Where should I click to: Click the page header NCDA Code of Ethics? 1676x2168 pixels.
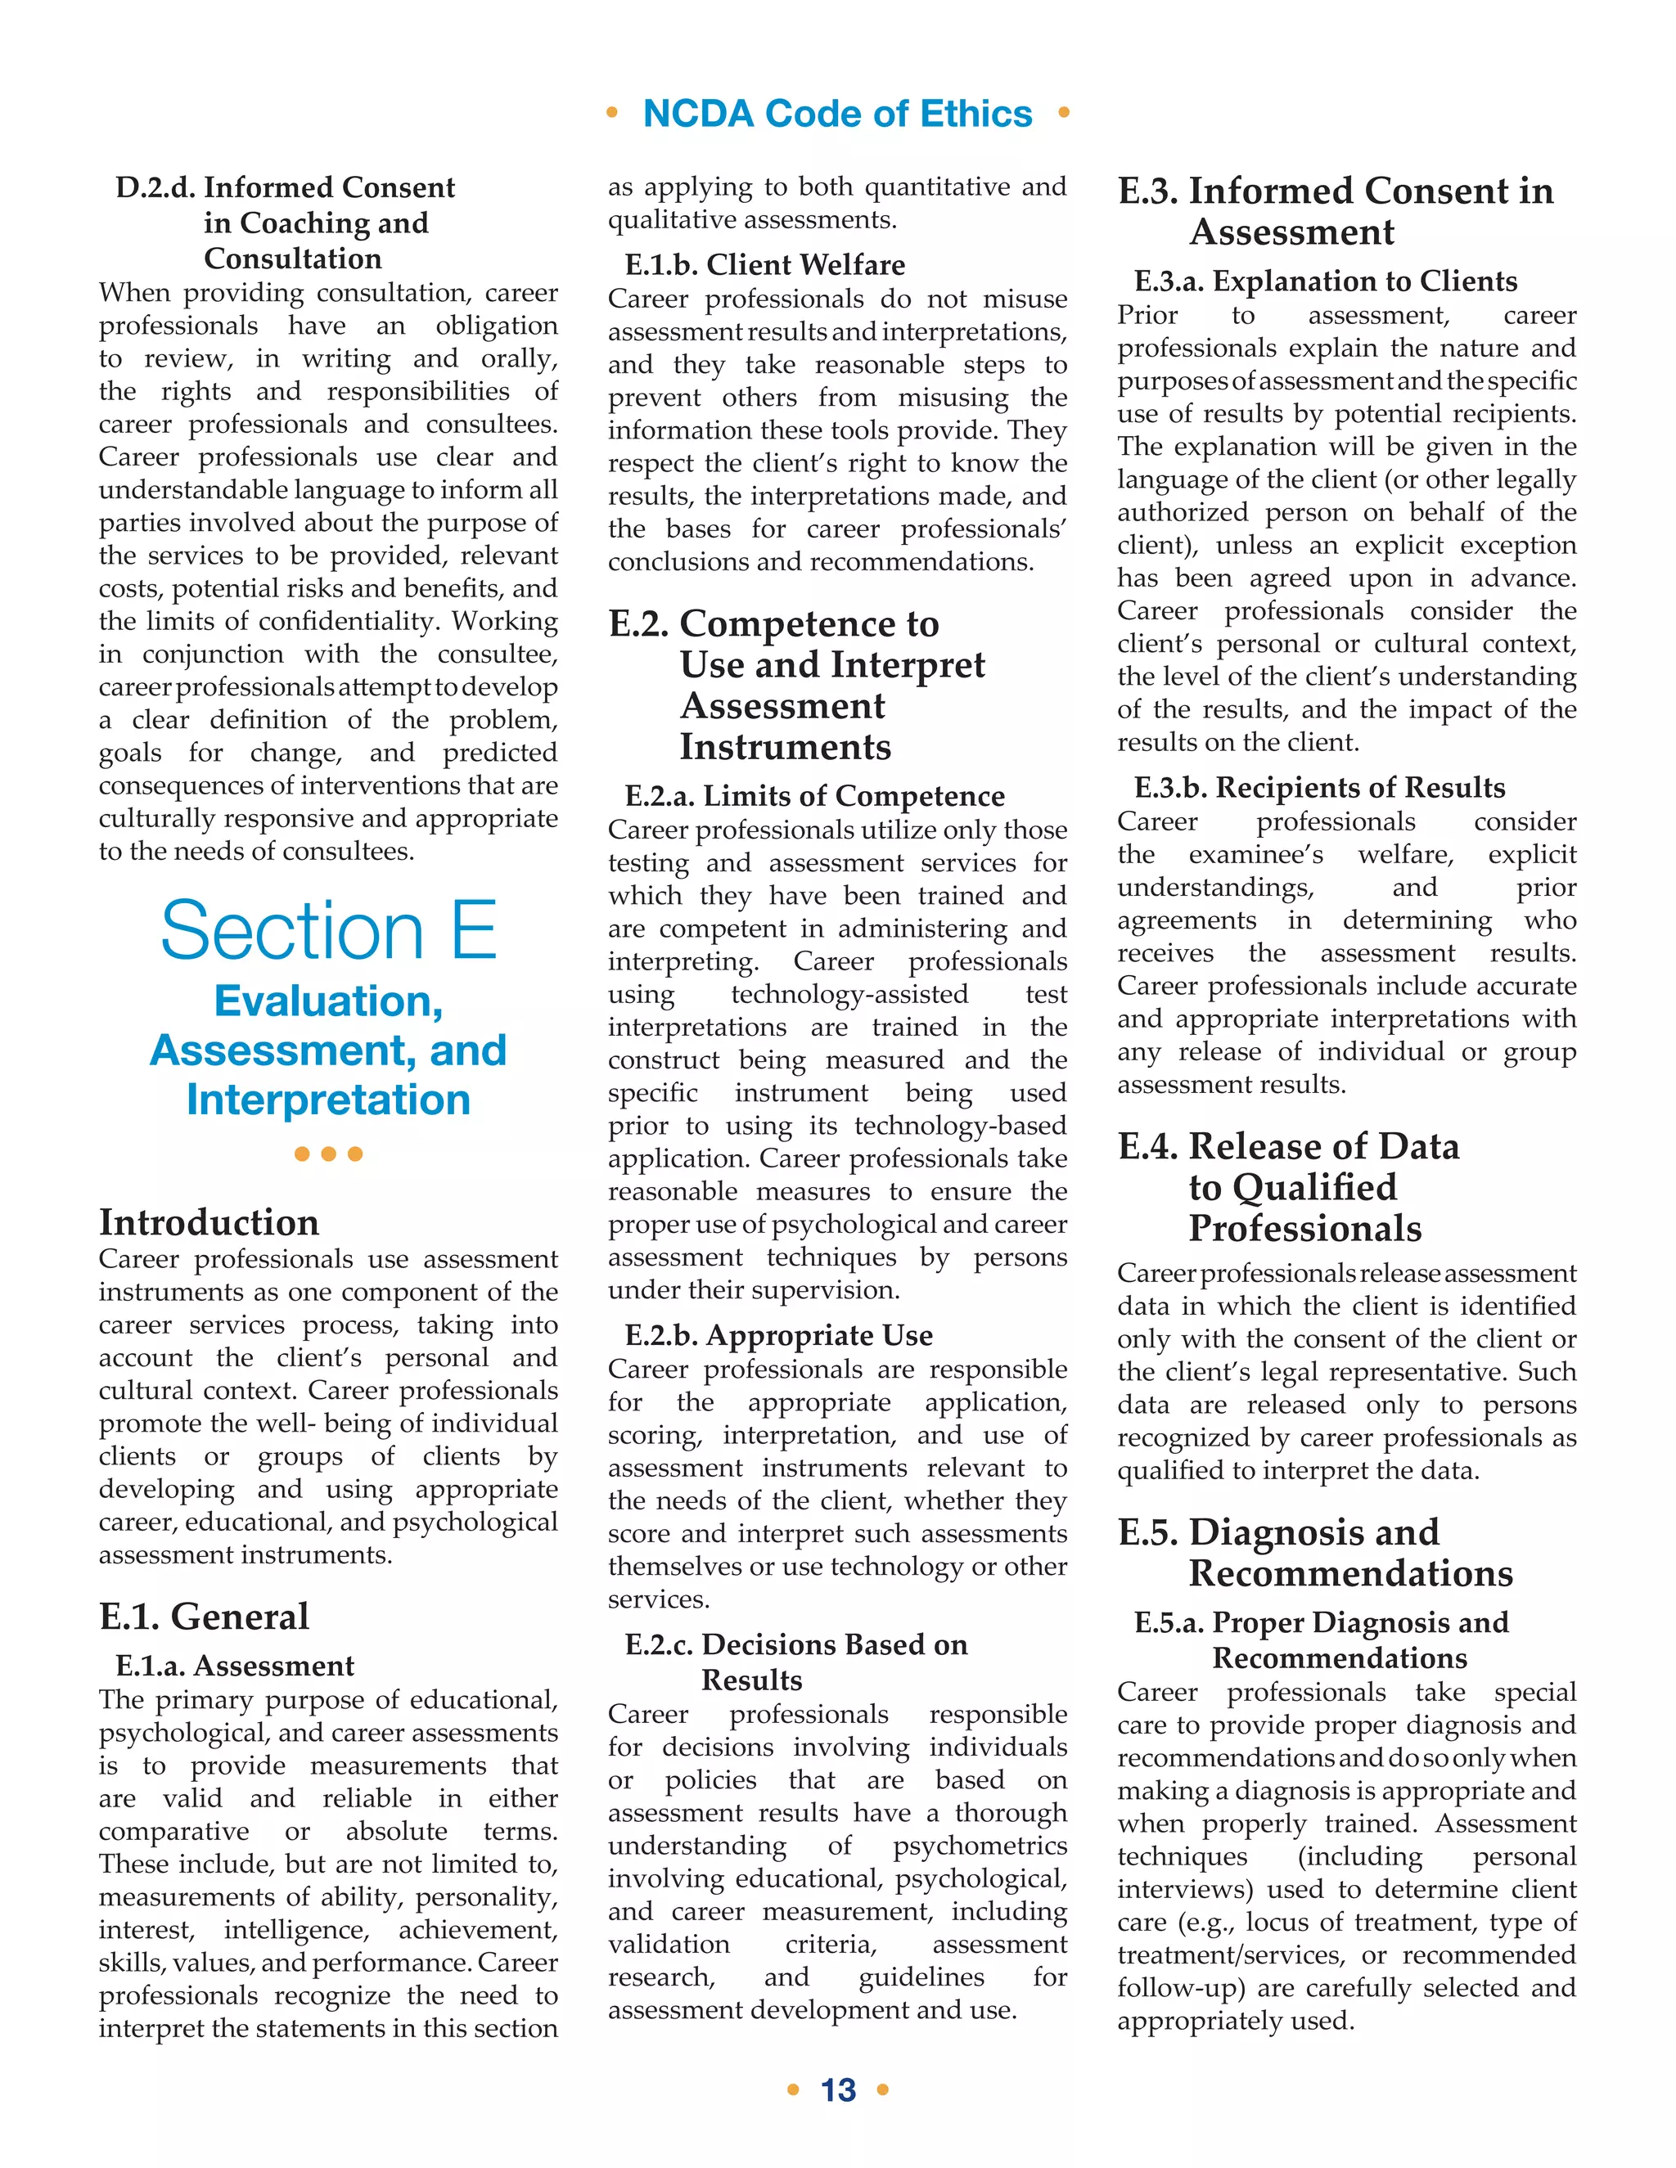[x=837, y=113]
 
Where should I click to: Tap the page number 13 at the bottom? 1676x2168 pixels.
[x=838, y=2089]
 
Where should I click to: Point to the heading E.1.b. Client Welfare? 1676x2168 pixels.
[x=764, y=264]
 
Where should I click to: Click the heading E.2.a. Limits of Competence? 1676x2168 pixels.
[x=814, y=795]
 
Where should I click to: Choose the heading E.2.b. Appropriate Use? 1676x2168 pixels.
[x=778, y=1335]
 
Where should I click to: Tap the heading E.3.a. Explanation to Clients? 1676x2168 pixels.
[x=1326, y=281]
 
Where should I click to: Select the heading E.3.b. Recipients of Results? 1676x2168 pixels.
[x=1319, y=787]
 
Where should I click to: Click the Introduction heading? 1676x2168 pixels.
[x=209, y=1222]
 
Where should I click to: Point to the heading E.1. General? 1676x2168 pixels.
[x=204, y=1616]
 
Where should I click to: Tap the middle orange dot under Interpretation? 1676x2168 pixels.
[x=329, y=1154]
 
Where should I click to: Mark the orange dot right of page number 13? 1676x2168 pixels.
[x=883, y=2089]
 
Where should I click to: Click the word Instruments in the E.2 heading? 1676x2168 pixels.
[x=784, y=746]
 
